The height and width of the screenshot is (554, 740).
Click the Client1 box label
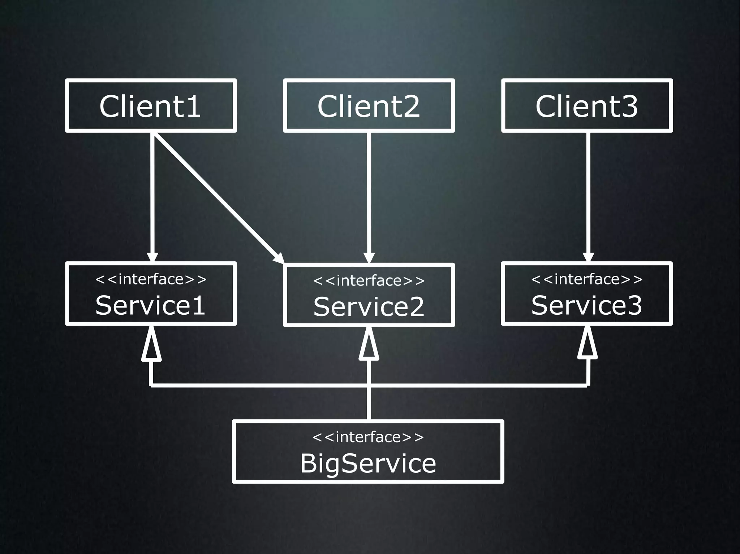(150, 106)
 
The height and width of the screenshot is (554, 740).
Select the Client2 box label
(369, 106)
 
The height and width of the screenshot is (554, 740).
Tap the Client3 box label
(586, 106)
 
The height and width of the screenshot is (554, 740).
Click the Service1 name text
(150, 305)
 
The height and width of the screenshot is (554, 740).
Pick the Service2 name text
(369, 307)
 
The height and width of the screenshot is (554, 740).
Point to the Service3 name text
(586, 305)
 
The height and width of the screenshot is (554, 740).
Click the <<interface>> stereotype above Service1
(151, 279)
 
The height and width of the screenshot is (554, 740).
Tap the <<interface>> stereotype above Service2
(369, 280)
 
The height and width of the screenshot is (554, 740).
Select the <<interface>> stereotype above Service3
(586, 279)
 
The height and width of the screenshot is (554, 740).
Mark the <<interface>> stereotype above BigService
(368, 437)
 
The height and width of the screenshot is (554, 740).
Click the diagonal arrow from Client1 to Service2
(217, 197)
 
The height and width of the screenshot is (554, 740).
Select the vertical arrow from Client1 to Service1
(152, 195)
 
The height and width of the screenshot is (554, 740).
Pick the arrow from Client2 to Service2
(369, 195)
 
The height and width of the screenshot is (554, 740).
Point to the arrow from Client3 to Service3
(588, 195)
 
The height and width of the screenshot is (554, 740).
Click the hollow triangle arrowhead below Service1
(151, 346)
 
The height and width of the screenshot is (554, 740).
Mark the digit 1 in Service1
(198, 305)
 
